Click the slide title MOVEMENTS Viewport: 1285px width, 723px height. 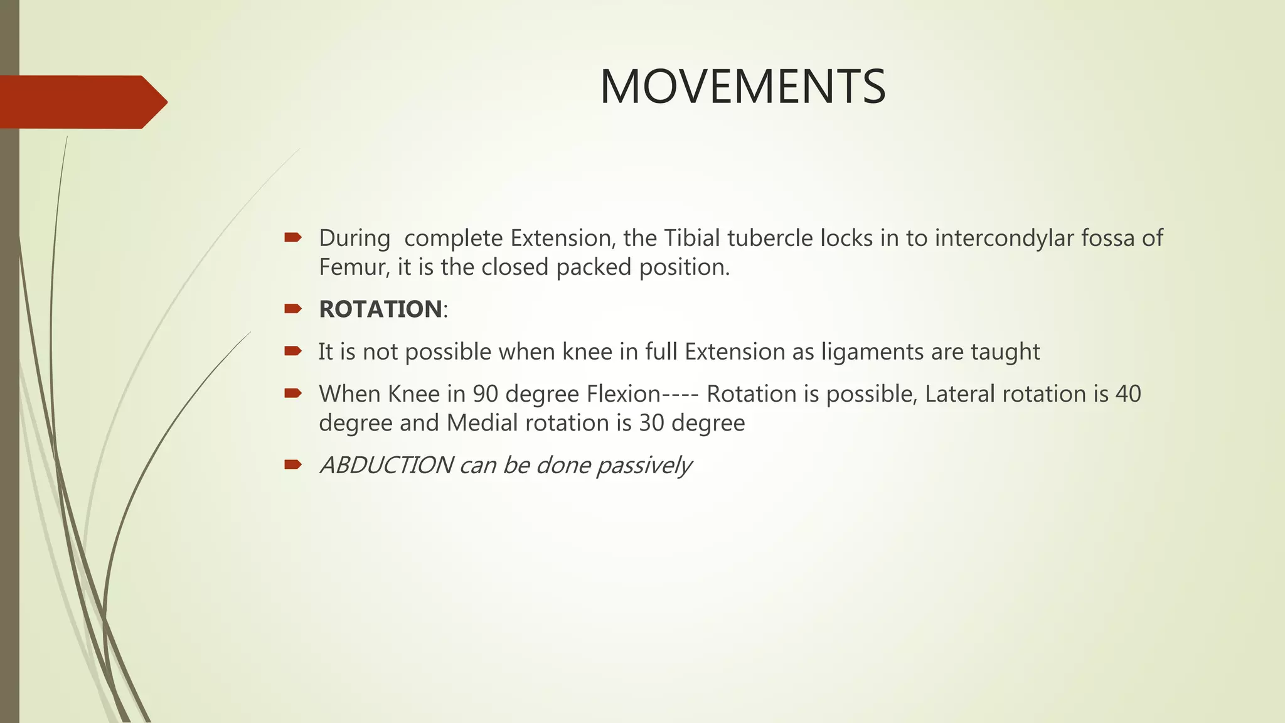[742, 87]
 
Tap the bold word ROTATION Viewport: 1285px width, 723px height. [380, 309]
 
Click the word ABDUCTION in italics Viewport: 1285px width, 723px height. [386, 465]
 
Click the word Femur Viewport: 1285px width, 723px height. [354, 267]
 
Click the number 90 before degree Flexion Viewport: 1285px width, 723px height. [486, 394]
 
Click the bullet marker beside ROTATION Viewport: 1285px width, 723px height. [292, 308]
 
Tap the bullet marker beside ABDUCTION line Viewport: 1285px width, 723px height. [292, 464]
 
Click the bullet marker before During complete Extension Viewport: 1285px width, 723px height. [292, 237]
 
